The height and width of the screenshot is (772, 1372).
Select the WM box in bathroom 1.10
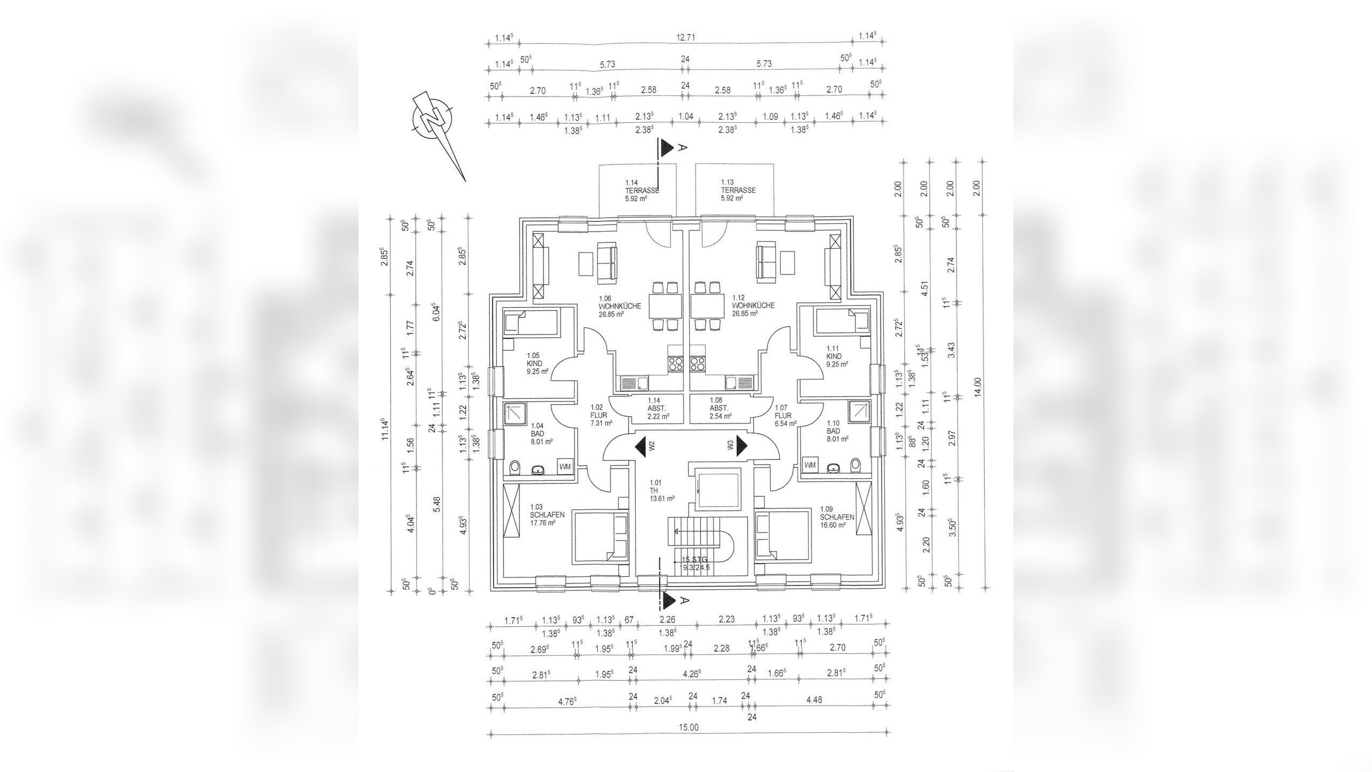click(810, 465)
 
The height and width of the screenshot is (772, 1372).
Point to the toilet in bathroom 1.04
click(140, 467)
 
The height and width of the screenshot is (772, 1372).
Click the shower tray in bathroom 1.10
click(859, 411)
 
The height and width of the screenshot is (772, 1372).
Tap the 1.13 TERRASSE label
click(738, 190)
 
